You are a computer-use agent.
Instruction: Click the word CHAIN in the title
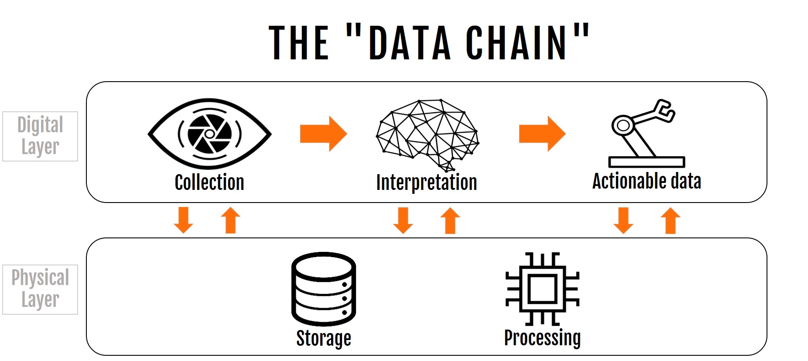tap(516, 42)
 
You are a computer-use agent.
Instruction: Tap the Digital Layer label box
tap(40, 136)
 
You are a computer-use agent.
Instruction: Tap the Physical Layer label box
tap(40, 289)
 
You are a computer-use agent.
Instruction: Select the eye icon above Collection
tap(209, 134)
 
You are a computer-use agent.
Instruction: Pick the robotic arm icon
tap(646, 134)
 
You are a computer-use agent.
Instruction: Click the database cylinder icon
tap(324, 289)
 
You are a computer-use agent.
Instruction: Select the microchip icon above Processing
tap(542, 289)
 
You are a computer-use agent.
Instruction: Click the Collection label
tap(209, 182)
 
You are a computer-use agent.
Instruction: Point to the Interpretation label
tap(427, 182)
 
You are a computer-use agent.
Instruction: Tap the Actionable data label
tap(647, 181)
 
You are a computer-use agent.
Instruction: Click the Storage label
tap(324, 338)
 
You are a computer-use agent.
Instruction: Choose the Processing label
tap(542, 338)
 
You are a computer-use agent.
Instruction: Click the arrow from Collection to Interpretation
tap(323, 134)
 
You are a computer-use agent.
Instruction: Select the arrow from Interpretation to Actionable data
tap(542, 134)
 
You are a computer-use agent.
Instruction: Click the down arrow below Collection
tap(183, 220)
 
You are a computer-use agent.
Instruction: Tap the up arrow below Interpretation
tap(450, 220)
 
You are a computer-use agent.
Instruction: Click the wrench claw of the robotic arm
tap(665, 110)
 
